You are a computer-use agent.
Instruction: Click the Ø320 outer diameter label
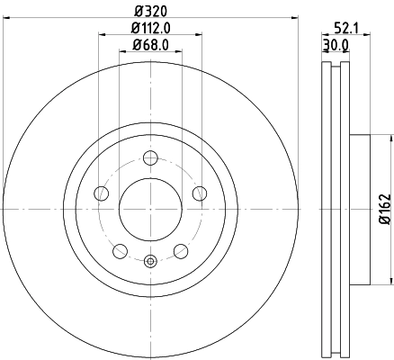tap(150, 12)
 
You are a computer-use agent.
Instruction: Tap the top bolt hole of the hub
tap(150, 159)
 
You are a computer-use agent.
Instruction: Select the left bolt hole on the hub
tap(102, 194)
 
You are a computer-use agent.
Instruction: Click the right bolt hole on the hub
tap(199, 194)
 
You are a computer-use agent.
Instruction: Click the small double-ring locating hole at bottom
tap(150, 262)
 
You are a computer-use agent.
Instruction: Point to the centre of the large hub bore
tap(150, 210)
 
